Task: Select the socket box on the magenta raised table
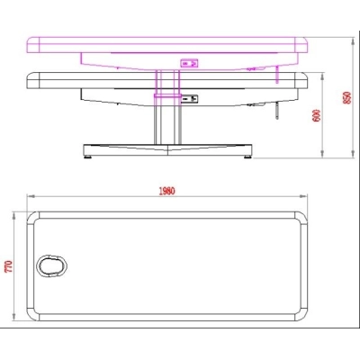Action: coord(189,63)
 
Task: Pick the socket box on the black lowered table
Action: coord(190,98)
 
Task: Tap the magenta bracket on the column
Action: coord(167,93)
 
